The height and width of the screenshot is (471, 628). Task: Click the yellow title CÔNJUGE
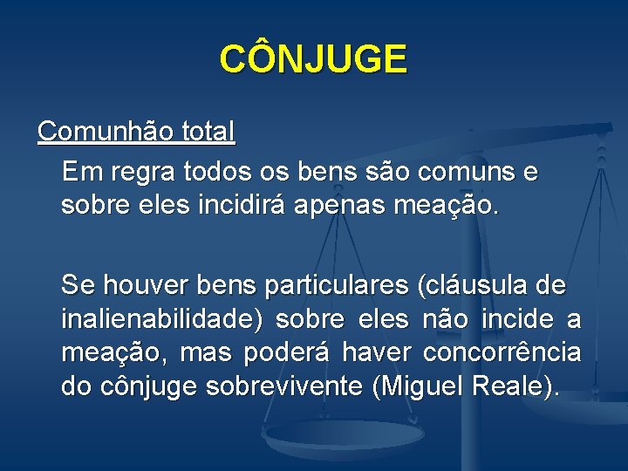313,59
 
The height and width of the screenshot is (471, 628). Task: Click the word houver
147,284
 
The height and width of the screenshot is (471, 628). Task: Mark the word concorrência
502,353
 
